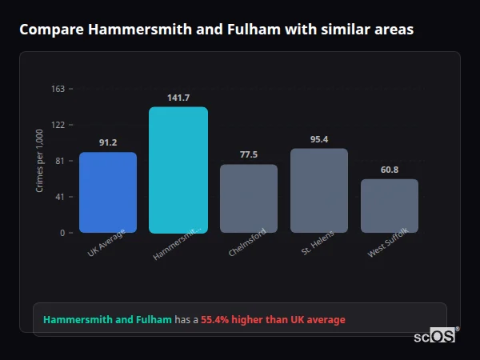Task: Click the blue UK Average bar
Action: [107, 192]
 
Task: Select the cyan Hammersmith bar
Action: [178, 170]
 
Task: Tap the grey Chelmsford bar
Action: [248, 198]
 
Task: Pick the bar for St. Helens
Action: [318, 190]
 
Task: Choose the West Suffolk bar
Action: [389, 206]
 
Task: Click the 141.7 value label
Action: [178, 98]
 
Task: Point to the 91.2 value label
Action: [108, 142]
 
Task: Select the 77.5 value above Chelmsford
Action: [249, 154]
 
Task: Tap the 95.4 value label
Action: [319, 139]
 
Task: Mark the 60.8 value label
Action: [390, 170]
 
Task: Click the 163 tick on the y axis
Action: [58, 89]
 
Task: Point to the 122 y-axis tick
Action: [58, 125]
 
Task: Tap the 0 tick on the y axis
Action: [62, 233]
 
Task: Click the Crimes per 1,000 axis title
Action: [40, 161]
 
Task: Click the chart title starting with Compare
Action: [216, 30]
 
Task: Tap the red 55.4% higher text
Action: [273, 320]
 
